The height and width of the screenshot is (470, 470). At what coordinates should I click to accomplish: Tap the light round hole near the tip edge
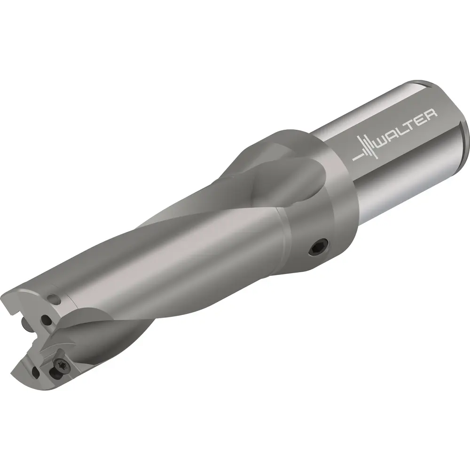coord(55,299)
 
